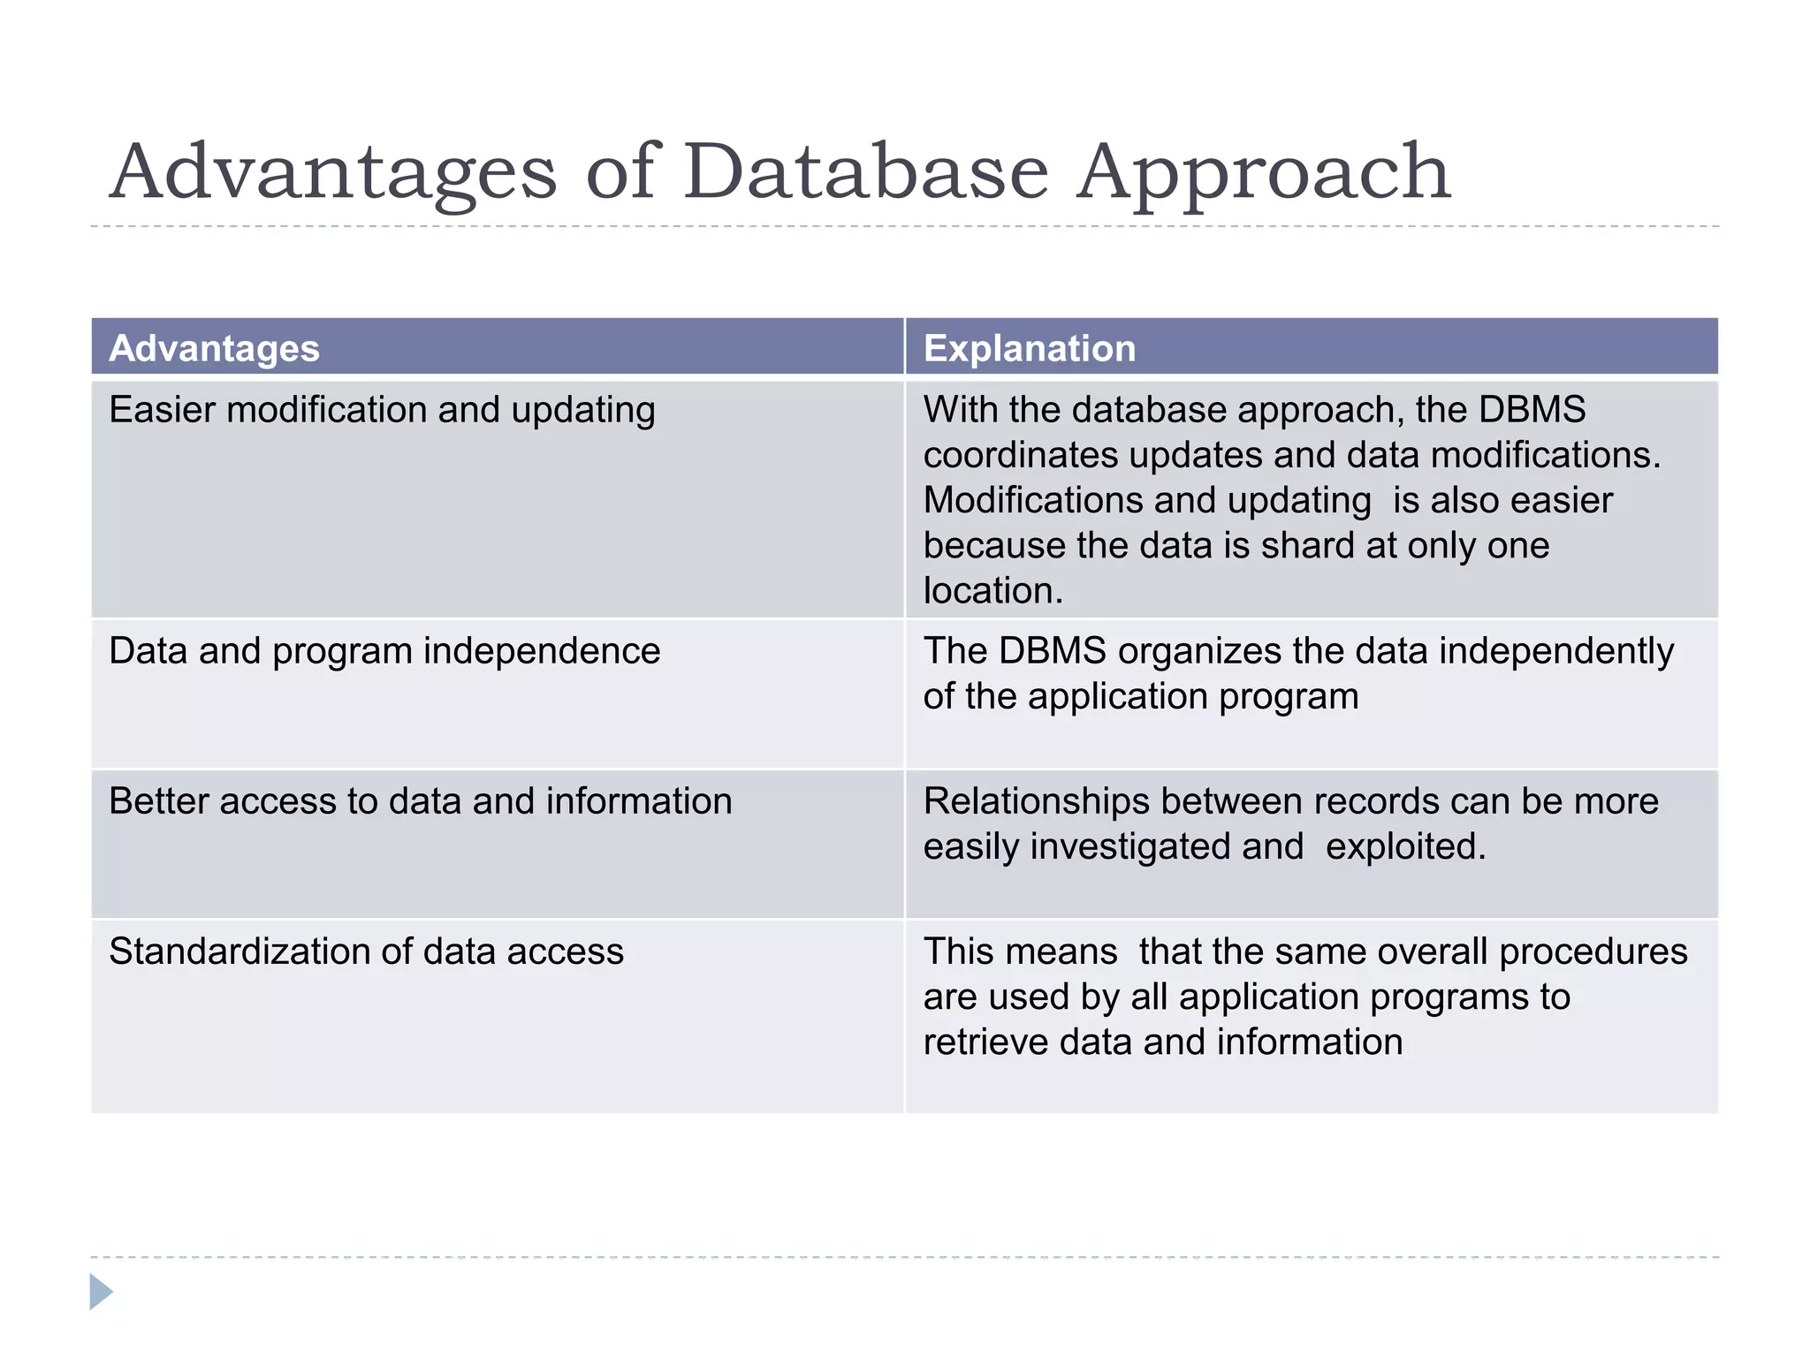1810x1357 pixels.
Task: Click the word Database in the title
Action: tap(866, 172)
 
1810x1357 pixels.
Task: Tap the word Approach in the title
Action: tap(1264, 172)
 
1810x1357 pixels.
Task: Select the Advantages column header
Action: tap(214, 348)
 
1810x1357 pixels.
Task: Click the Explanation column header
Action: tap(1030, 348)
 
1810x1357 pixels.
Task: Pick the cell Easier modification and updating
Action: tap(382, 410)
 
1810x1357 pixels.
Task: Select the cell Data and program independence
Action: tap(384, 651)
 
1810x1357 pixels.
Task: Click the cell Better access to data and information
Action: tap(421, 801)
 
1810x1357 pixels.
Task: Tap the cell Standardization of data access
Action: tap(366, 951)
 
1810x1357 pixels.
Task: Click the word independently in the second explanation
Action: tap(1556, 651)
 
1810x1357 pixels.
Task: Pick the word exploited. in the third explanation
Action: tap(1405, 846)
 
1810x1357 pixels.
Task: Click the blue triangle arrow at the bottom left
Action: tap(101, 1292)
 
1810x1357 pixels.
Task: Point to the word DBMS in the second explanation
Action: tap(1052, 651)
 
